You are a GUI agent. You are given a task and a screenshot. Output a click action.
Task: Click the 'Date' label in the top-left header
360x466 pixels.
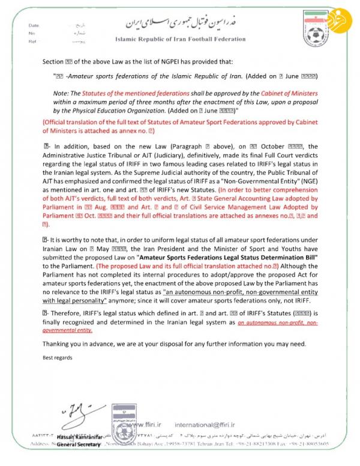pos(33,26)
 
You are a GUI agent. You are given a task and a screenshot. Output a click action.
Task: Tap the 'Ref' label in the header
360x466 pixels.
pos(32,43)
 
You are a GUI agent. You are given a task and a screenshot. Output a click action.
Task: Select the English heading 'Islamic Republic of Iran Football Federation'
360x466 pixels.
pos(180,39)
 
